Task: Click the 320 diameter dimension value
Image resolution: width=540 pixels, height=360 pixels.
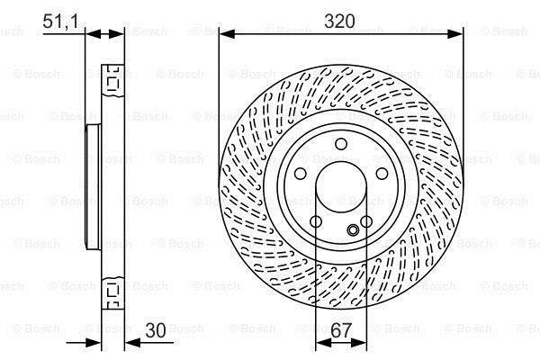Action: tap(339, 22)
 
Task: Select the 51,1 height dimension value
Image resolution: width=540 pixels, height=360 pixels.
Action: tap(60, 22)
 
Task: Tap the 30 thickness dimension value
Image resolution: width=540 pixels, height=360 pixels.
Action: tap(156, 330)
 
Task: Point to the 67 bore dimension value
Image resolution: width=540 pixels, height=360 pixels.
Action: tap(341, 330)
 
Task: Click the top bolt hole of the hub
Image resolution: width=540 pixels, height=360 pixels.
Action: tap(341, 144)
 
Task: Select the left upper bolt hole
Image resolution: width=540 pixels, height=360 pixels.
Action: tap(300, 174)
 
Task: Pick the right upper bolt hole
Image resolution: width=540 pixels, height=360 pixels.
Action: tap(382, 174)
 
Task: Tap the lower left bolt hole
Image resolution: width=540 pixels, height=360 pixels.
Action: tap(316, 221)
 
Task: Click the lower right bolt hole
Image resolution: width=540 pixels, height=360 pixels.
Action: tap(366, 221)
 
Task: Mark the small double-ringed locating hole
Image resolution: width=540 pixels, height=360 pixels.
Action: tap(353, 229)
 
